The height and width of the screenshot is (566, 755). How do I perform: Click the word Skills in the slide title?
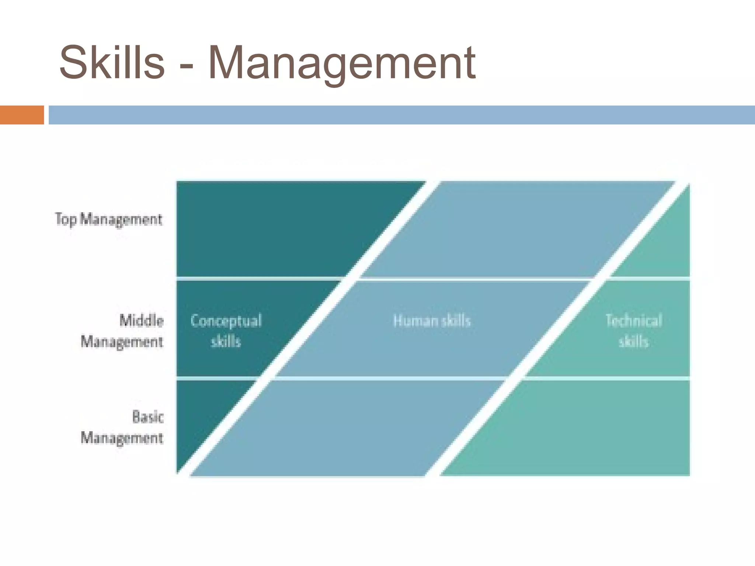112,62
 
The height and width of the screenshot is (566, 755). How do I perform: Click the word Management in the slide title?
341,63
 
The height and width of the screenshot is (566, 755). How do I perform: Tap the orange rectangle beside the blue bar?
22,115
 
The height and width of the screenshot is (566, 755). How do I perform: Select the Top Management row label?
108,219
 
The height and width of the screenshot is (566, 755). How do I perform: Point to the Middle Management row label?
122,331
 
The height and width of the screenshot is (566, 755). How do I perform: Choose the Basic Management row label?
122,427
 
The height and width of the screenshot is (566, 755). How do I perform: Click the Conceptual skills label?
226,331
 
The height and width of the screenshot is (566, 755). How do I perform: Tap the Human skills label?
432,321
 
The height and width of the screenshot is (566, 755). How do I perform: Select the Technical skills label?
633,331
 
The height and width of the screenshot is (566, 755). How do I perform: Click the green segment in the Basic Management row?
590,427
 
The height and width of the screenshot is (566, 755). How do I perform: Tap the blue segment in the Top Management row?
516,228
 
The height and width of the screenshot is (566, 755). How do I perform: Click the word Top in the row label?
66,219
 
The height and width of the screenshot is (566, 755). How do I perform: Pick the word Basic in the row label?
147,417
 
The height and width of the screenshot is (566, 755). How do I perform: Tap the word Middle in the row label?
142,320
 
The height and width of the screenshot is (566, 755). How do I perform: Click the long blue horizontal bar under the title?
402,115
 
